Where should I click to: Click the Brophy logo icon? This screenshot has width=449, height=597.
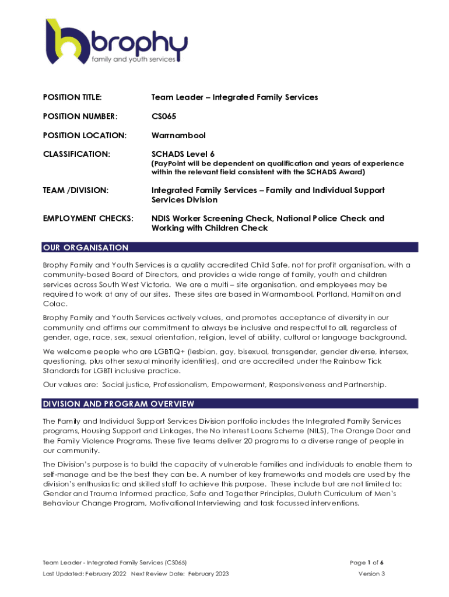click(66, 44)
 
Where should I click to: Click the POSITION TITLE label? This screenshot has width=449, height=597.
click(73, 97)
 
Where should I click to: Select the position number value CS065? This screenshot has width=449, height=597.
click(164, 117)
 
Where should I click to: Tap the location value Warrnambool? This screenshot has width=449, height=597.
click(178, 136)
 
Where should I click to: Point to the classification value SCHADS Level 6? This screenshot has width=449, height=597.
click(183, 154)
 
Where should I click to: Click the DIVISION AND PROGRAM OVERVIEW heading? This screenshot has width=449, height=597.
click(118, 404)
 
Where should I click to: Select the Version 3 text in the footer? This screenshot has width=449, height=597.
click(371, 574)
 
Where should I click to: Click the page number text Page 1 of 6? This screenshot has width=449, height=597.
click(366, 563)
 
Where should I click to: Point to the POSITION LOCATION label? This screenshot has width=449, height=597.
click(85, 136)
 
